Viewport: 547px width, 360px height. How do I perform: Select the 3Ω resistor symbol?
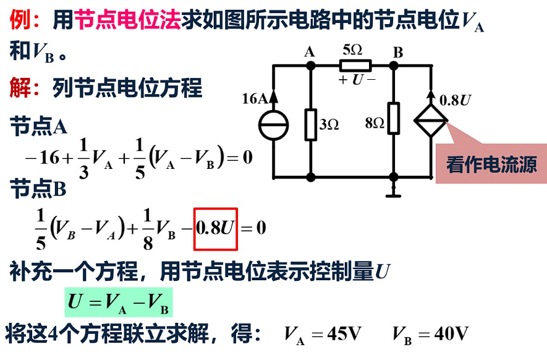[311, 124]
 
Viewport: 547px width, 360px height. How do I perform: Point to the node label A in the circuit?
[310, 52]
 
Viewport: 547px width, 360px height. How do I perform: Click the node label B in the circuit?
[397, 52]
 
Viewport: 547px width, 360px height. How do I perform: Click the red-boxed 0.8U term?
[216, 228]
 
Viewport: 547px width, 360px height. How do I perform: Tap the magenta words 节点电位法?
[127, 21]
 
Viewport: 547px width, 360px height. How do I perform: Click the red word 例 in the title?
[20, 21]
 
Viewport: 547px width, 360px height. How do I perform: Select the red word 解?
[20, 87]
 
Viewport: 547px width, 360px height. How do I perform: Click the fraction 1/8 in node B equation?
[148, 228]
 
